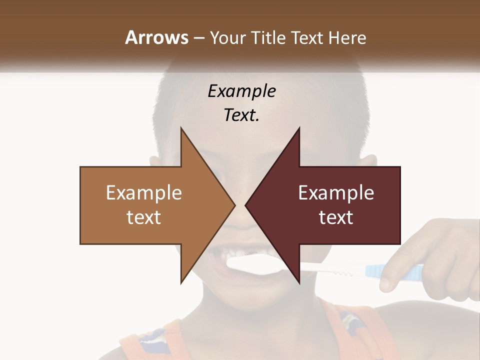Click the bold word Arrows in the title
coord(157,37)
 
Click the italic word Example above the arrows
coord(241,91)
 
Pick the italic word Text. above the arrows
coord(241,115)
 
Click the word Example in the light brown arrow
coord(144,192)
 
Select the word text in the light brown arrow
coord(144,217)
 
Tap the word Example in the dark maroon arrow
coord(336,192)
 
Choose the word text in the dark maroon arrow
coord(336,217)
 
